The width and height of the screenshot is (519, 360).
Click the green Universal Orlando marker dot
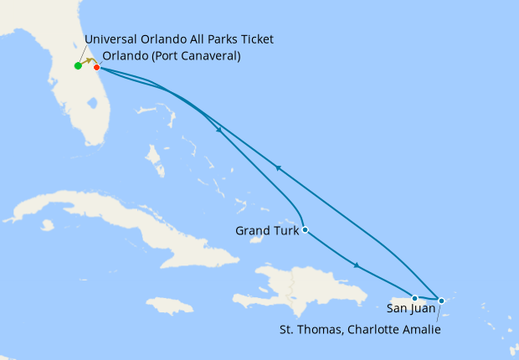78,65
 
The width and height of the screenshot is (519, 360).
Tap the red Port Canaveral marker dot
97,67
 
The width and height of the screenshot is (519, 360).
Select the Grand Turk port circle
306,229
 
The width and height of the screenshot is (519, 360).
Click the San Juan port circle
414,298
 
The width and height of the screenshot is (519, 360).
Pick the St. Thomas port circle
441,300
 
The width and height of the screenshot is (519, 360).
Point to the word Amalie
421,329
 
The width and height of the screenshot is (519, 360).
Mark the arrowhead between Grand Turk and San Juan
357,266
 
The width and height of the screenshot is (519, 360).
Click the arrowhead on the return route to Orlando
278,168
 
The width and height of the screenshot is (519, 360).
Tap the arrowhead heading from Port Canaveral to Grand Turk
219,130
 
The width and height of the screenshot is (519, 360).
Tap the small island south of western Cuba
47,225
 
